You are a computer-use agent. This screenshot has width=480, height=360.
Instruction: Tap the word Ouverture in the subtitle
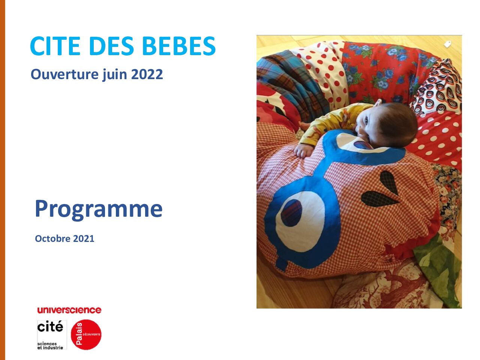point(64,74)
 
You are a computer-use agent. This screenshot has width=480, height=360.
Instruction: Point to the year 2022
point(147,74)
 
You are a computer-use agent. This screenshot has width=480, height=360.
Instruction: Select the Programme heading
point(99,209)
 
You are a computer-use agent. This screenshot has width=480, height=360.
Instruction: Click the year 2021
point(84,238)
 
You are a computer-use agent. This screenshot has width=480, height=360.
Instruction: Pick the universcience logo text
point(69,310)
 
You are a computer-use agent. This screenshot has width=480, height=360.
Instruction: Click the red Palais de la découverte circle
point(86,334)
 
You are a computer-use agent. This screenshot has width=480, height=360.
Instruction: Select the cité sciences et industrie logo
point(52,335)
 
